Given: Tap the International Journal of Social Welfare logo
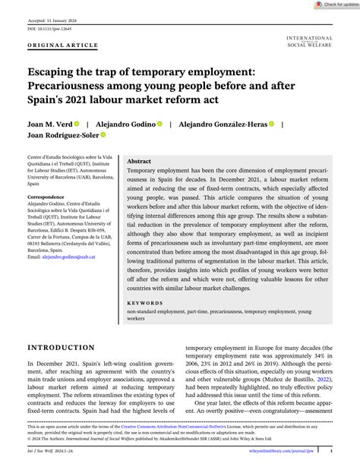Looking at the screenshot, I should click(310, 40).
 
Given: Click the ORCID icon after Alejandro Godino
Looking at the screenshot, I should click(159, 123).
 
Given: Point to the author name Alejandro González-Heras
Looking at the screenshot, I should click(222, 123).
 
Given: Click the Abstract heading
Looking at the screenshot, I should click(139, 162).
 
